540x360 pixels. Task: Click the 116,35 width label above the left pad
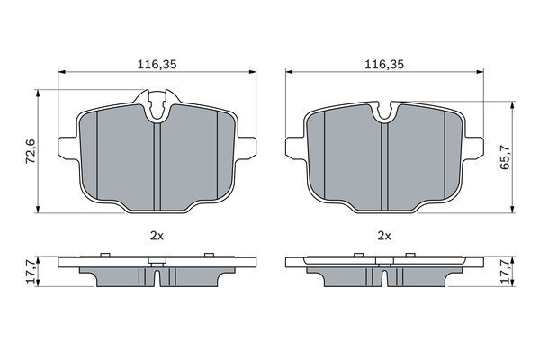pyautogui.click(x=157, y=65)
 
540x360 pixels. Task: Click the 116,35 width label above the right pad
pyautogui.click(x=384, y=65)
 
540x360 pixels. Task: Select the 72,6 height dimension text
pyautogui.click(x=31, y=151)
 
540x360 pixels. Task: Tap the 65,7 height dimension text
pyautogui.click(x=505, y=157)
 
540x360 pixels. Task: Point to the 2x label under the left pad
pyautogui.click(x=157, y=236)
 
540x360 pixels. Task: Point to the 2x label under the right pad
pyautogui.click(x=384, y=236)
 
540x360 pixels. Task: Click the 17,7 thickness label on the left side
pyautogui.click(x=31, y=272)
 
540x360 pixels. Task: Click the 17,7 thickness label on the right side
pyautogui.click(x=505, y=272)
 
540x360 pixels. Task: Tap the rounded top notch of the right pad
pyautogui.click(x=384, y=111)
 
